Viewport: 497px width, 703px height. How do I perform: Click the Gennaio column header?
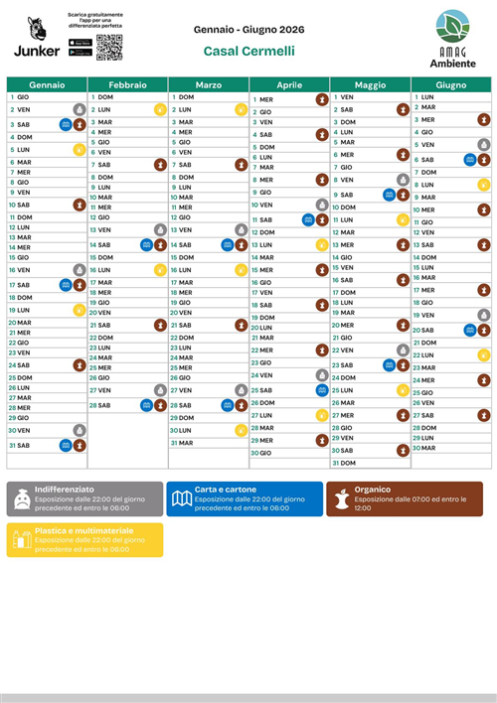[x=47, y=85]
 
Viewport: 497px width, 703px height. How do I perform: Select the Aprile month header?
[x=288, y=85]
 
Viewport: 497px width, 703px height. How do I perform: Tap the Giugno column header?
[x=450, y=85]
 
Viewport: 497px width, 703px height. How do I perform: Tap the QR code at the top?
[x=109, y=47]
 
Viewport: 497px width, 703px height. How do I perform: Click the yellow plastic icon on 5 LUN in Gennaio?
[x=80, y=150]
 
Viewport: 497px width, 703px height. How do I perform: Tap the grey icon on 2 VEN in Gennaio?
[x=80, y=110]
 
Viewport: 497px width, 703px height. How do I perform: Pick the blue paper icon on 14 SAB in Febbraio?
[x=146, y=244]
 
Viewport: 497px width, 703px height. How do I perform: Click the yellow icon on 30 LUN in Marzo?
[x=241, y=430]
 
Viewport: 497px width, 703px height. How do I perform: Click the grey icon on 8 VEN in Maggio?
[x=403, y=180]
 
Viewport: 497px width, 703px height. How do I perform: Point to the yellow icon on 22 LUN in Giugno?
[x=483, y=354]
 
